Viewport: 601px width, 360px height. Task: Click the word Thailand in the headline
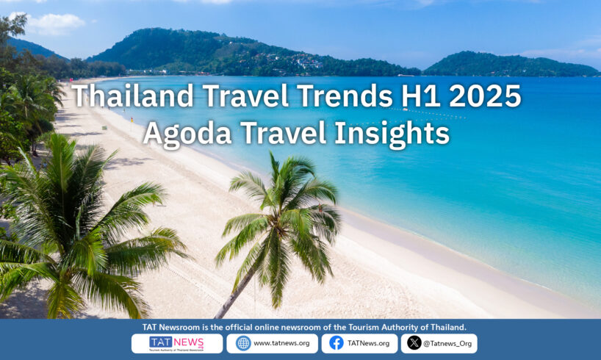click(x=133, y=96)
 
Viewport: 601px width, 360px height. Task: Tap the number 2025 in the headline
click(x=485, y=96)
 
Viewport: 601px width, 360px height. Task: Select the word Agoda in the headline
click(x=187, y=134)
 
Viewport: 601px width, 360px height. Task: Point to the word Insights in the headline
click(x=392, y=134)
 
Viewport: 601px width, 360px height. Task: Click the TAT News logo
click(x=176, y=344)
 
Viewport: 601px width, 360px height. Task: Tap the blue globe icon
click(x=243, y=343)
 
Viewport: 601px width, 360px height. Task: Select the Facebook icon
click(x=337, y=343)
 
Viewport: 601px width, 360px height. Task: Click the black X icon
click(x=414, y=343)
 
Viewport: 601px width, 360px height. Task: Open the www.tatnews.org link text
click(x=281, y=343)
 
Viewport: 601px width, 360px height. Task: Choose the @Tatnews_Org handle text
click(x=447, y=344)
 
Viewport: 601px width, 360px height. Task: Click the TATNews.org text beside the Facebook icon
click(x=368, y=344)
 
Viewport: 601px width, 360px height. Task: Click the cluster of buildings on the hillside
click(x=295, y=60)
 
